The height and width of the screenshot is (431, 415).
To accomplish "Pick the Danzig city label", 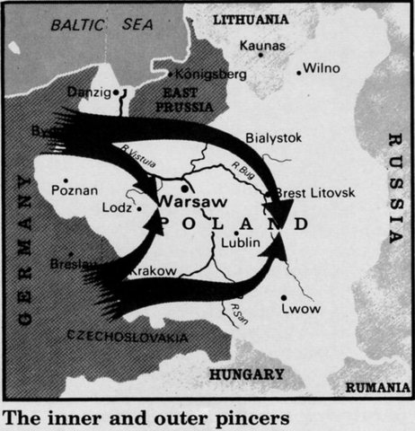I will [88, 92].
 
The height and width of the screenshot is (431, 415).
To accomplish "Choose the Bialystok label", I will [274, 137].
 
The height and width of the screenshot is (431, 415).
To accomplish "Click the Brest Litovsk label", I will [314, 193].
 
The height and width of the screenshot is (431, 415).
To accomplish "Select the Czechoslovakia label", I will [128, 337].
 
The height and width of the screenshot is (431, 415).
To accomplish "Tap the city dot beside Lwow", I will [284, 298].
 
